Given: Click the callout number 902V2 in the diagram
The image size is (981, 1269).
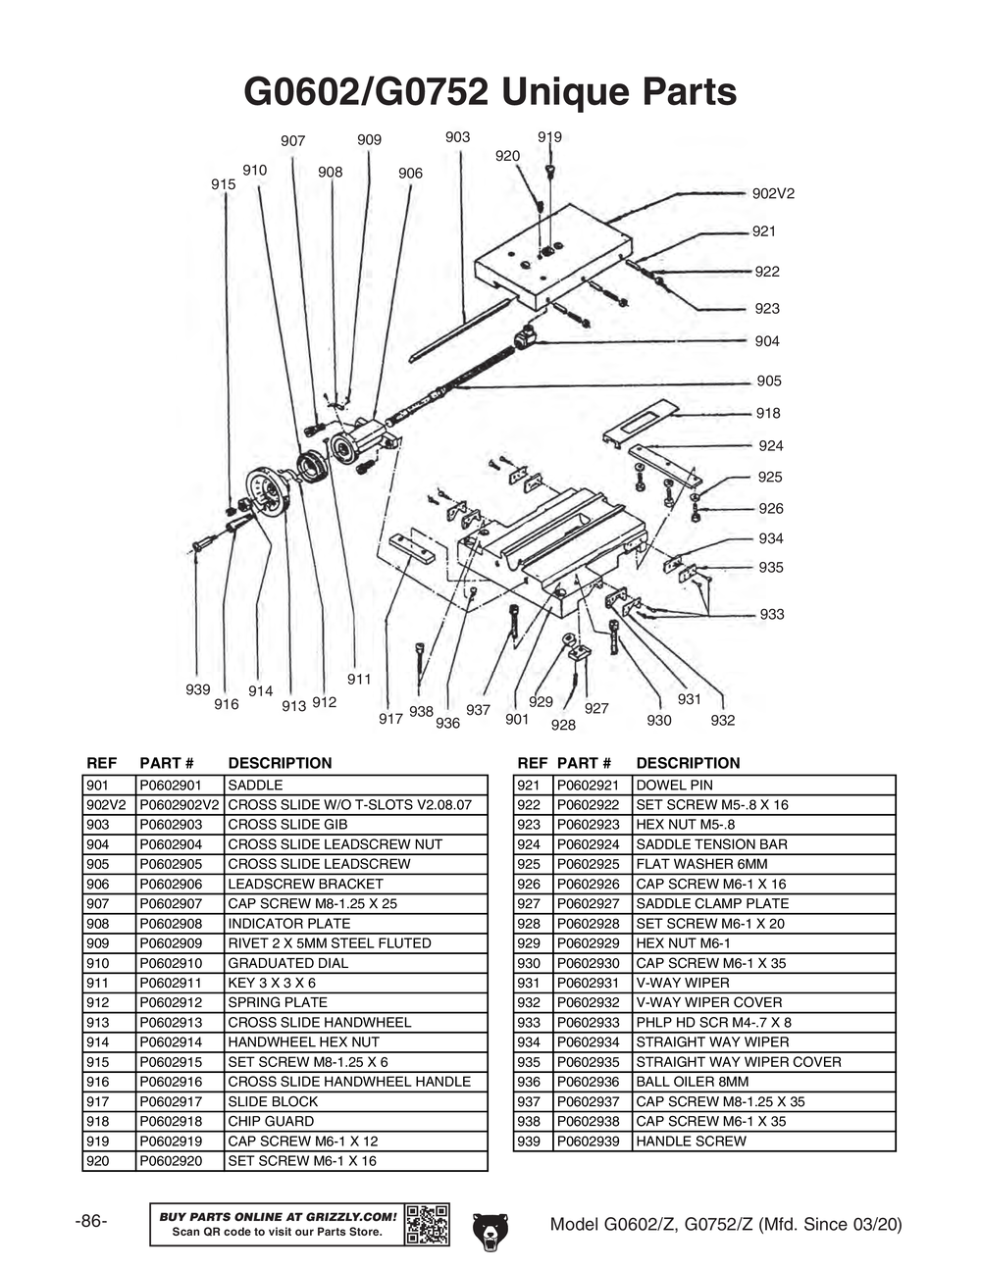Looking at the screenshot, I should tap(773, 193).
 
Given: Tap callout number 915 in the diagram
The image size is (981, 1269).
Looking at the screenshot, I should tap(223, 184).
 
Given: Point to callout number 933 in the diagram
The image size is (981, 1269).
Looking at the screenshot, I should tap(772, 614).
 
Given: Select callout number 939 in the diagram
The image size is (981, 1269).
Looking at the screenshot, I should tap(198, 689).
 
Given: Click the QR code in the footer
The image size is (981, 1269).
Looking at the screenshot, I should tap(427, 1224).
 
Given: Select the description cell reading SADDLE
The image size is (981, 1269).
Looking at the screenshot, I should tap(255, 785).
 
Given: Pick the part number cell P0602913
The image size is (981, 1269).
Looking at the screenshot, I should tap(171, 1022).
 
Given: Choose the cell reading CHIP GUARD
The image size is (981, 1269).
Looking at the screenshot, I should tap(271, 1121).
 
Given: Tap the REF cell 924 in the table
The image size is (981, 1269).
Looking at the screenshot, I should tap(529, 844).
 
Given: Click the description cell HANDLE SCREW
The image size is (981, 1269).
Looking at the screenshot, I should tap(691, 1141).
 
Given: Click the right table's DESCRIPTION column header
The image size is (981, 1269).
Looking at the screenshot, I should tap(688, 763).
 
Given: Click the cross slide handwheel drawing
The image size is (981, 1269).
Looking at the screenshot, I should tap(266, 491).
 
